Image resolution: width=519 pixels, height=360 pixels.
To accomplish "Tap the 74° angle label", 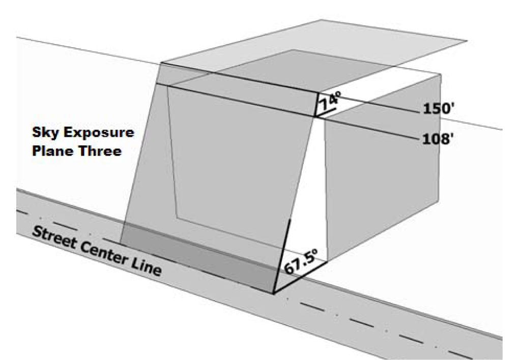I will tap(328, 102).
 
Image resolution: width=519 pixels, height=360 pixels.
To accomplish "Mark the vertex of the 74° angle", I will tap(315, 117).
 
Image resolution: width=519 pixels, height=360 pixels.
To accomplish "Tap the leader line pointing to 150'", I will tap(387, 102).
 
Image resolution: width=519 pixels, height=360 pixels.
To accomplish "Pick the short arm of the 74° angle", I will tap(328, 111).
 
